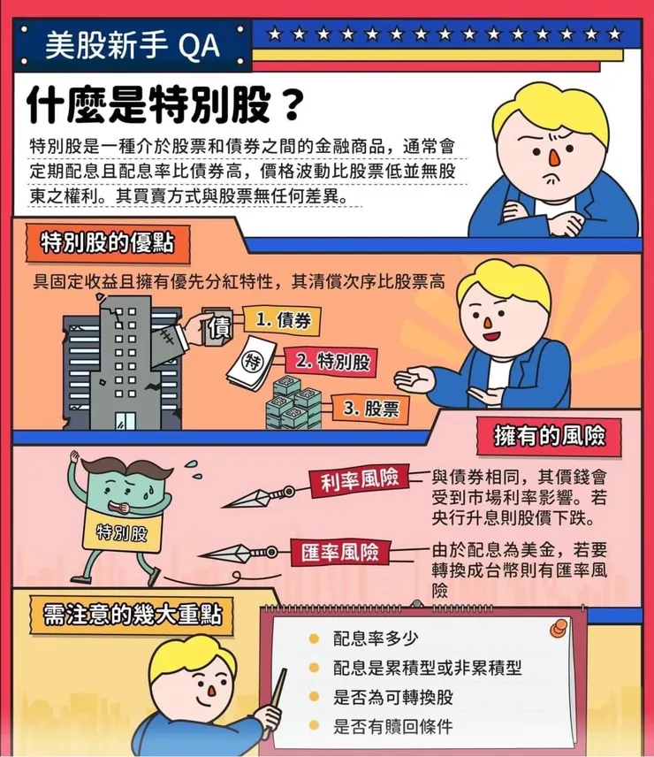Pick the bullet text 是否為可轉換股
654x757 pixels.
click(392, 698)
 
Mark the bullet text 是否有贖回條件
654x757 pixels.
click(392, 727)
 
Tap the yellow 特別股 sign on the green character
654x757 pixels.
click(121, 534)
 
